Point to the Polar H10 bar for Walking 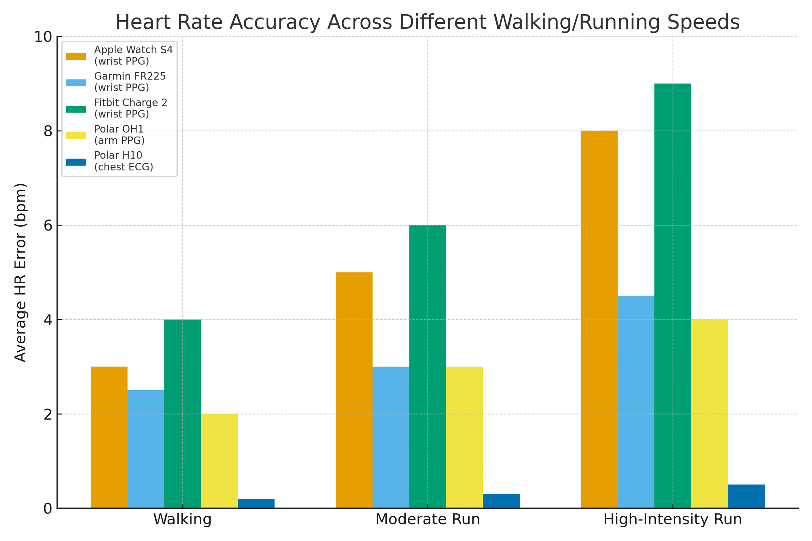point(256,503)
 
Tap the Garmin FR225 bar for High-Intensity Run point(636,402)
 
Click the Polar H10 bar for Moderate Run point(501,501)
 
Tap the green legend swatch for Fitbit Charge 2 point(76,109)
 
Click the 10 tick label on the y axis point(43,37)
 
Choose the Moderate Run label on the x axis point(427,520)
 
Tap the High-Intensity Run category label point(673,520)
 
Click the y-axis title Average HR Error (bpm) point(20,273)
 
